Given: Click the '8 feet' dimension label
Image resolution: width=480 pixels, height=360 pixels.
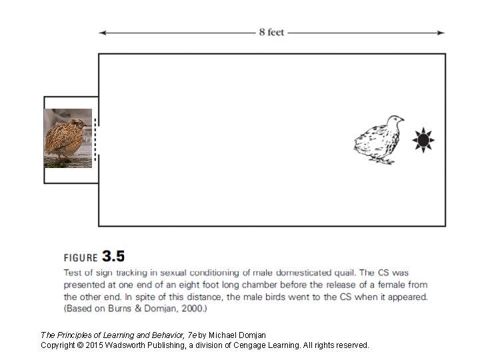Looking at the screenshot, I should (272, 32).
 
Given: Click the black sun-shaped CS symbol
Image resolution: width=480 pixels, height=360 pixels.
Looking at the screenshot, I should (423, 140).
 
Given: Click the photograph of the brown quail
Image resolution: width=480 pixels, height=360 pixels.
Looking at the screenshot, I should (67, 138).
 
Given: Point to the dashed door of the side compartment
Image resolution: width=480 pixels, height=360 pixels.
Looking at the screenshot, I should (95, 139).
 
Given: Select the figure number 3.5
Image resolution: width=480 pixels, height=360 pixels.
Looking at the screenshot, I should (113, 256).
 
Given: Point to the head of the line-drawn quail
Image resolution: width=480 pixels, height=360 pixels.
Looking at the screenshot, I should (395, 122).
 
